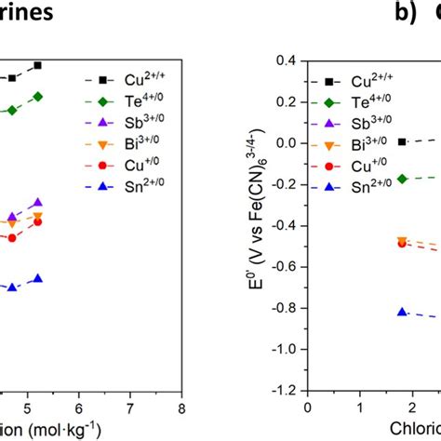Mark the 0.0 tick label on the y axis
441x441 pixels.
[285, 142]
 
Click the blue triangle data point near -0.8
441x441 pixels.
[402, 313]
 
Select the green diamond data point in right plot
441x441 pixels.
[402, 179]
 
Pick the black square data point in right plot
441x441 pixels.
[402, 141]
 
